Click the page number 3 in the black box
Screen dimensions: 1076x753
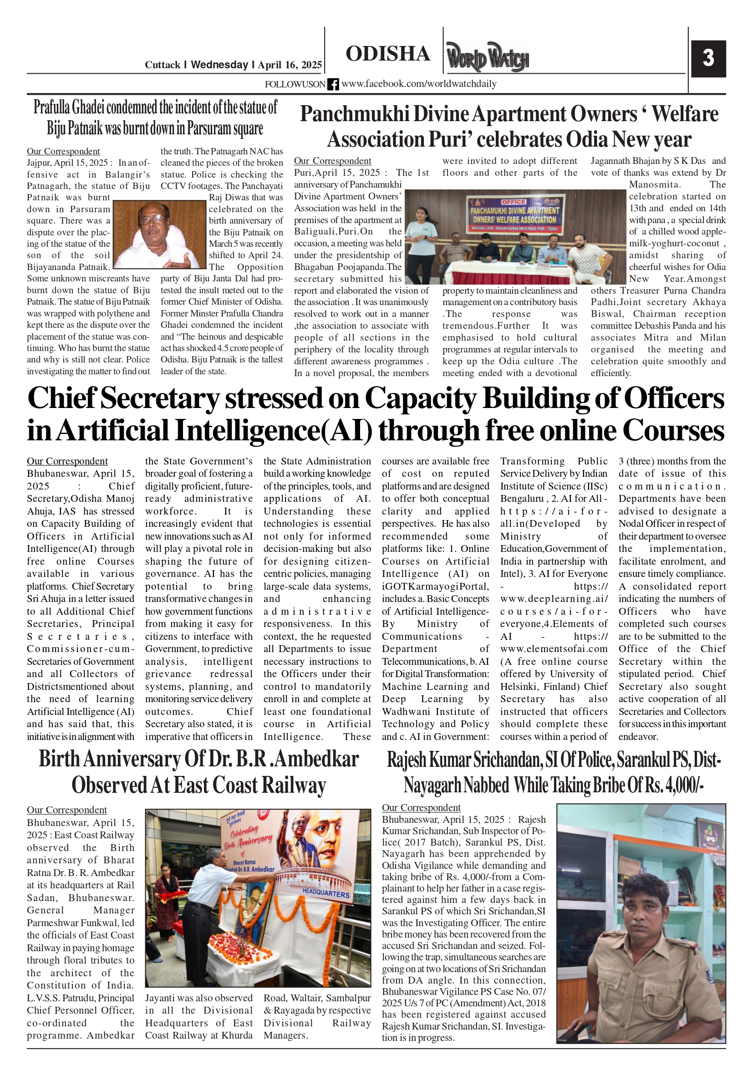(708, 58)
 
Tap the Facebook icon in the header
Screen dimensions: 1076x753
(333, 84)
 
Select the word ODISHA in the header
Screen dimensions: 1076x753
(387, 54)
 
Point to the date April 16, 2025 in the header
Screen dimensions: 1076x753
(290, 65)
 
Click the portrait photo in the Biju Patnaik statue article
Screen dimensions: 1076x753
(160, 234)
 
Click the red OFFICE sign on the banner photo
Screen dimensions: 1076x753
(514, 202)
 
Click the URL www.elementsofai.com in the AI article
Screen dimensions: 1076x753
(554, 649)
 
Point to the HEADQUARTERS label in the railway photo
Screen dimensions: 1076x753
(326, 893)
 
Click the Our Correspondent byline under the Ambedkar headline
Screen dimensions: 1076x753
(66, 810)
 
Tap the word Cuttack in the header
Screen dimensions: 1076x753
(162, 65)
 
